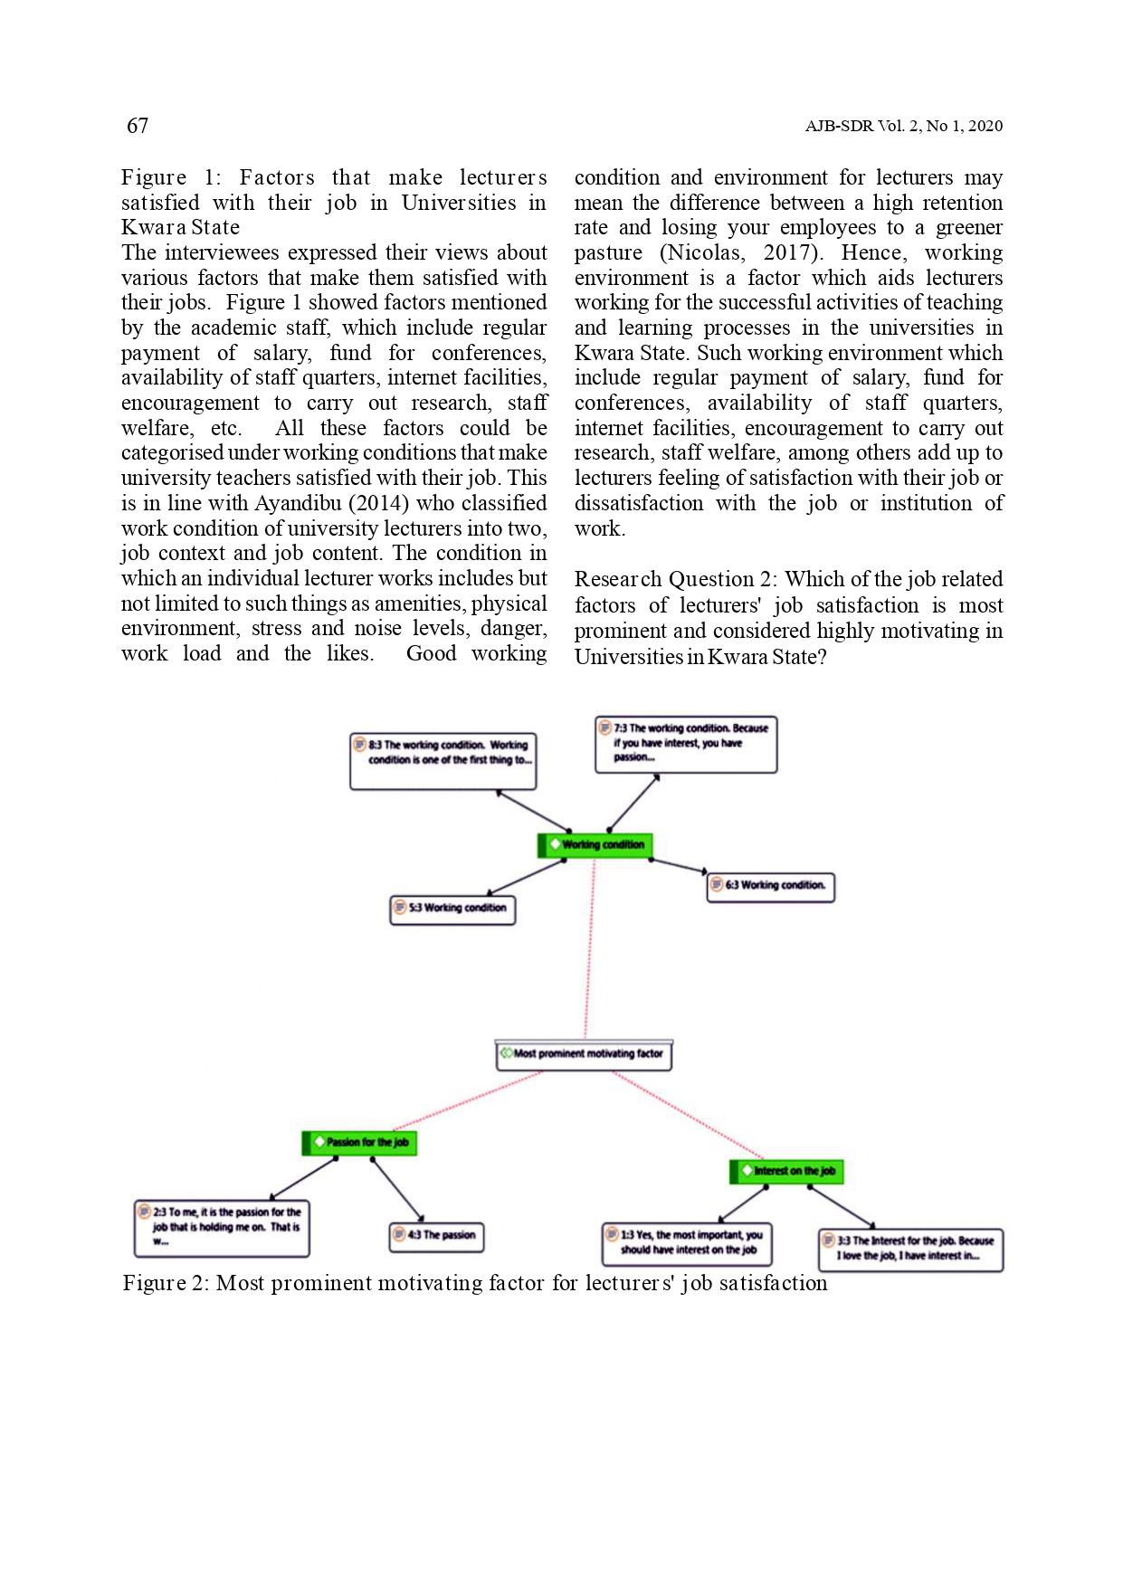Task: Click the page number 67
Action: (138, 126)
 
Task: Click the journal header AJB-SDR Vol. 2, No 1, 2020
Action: (903, 126)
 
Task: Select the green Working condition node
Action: (595, 845)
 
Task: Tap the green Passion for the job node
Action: (359, 1143)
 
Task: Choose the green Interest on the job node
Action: (786, 1171)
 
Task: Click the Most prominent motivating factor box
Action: (584, 1054)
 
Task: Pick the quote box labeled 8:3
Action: (443, 760)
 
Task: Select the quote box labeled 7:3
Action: (686, 744)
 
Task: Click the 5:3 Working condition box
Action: (452, 908)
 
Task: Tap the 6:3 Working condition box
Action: (770, 886)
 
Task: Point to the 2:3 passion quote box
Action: (222, 1228)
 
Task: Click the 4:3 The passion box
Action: (436, 1236)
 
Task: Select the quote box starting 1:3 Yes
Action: (686, 1242)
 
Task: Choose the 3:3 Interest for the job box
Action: (910, 1249)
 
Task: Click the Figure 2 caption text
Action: (475, 1284)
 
